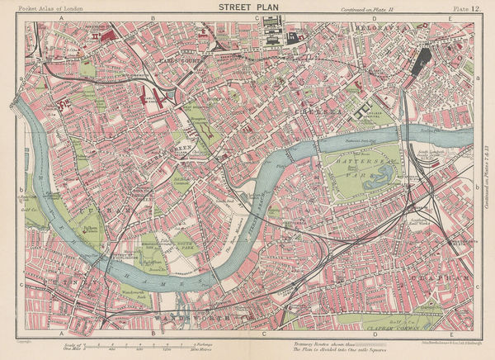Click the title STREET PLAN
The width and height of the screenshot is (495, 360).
[247, 8]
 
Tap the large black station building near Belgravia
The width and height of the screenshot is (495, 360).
[422, 59]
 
